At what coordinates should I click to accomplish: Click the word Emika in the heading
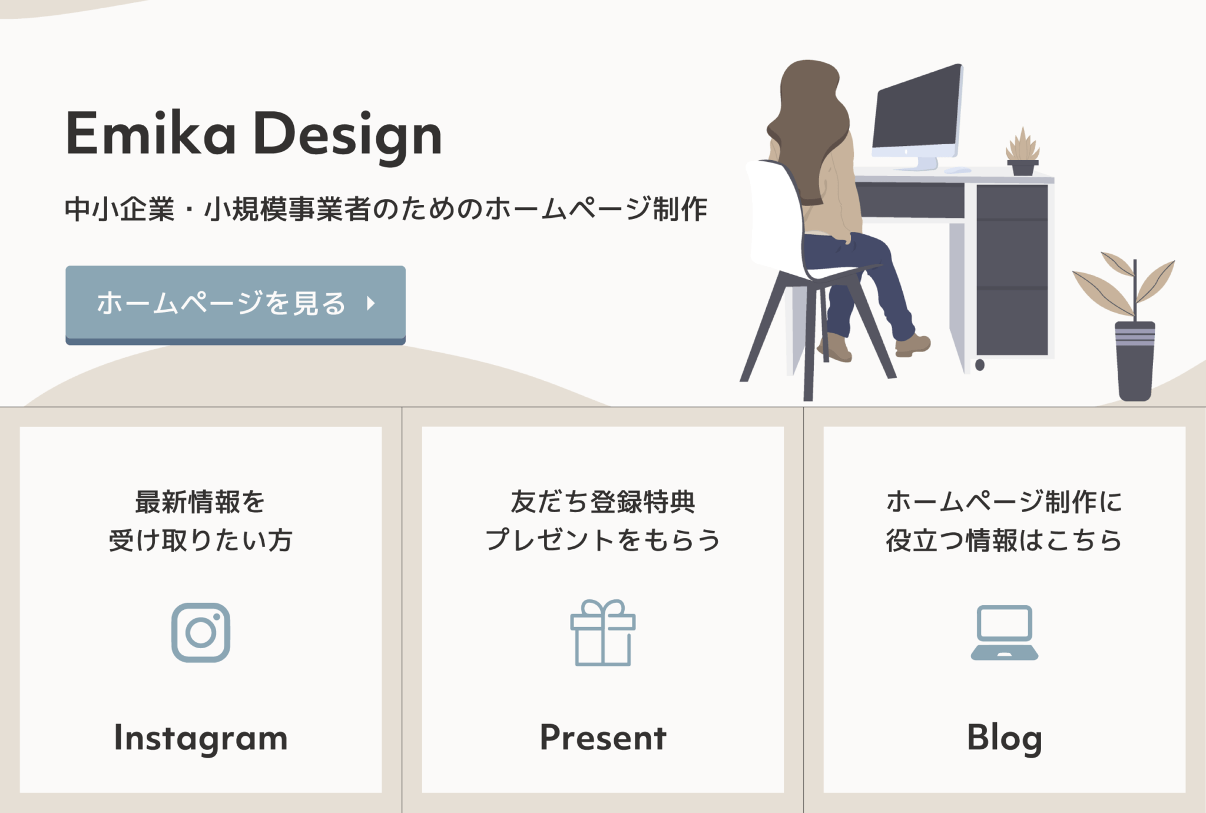tap(151, 134)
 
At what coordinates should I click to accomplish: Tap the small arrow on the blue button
tap(371, 303)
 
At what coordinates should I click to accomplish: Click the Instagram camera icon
tap(201, 632)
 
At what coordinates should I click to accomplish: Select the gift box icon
tap(602, 633)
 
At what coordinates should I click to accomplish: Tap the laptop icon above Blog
tap(1004, 633)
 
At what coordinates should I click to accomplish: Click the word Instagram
tap(201, 738)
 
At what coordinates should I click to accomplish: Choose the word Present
tap(602, 738)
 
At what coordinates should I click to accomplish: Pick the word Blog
tap(1004, 738)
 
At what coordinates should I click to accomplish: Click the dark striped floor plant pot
tap(1135, 360)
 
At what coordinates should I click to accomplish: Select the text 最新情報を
tap(200, 502)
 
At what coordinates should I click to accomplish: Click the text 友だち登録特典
tap(602, 502)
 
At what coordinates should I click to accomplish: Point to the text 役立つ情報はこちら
tap(1004, 540)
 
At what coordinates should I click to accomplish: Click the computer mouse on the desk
tap(957, 171)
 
